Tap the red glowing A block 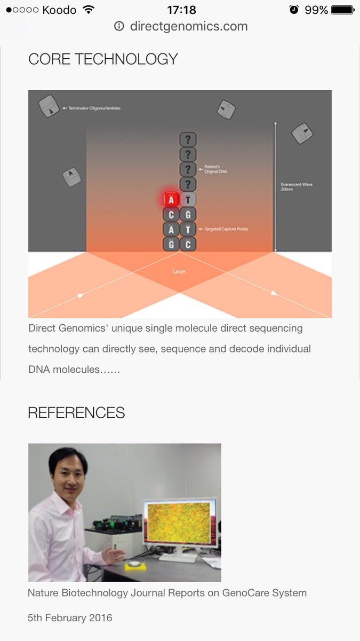(x=171, y=200)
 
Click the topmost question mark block (x=188, y=140)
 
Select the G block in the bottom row (x=171, y=245)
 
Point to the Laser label (x=179, y=271)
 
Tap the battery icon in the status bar (x=342, y=10)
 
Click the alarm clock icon (x=294, y=10)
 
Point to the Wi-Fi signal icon (x=89, y=10)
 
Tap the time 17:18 (x=181, y=10)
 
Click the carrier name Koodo (x=59, y=10)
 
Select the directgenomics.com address (x=188, y=26)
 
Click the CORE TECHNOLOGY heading (x=103, y=59)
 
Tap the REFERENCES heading (x=76, y=413)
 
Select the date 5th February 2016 (x=70, y=618)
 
